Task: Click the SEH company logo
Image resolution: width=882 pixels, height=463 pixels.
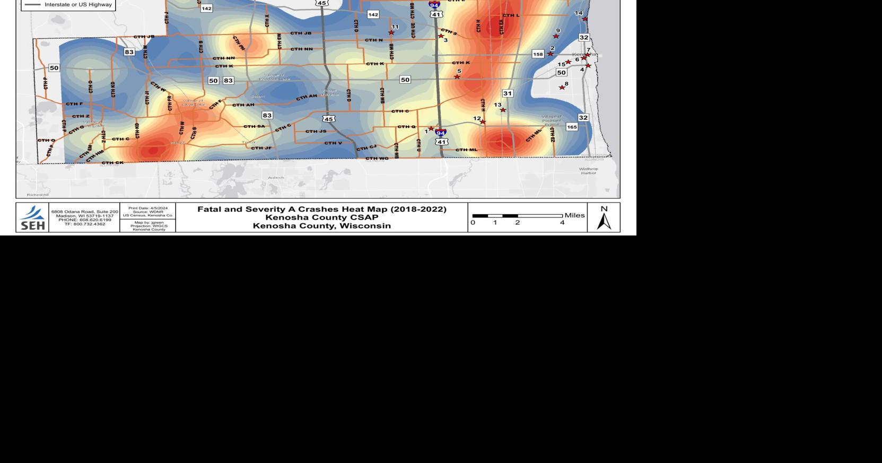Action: tap(32, 217)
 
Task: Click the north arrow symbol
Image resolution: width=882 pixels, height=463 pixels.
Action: tap(604, 218)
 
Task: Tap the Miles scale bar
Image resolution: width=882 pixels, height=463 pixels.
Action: tap(517, 216)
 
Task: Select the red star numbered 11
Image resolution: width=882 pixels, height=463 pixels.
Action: tap(391, 33)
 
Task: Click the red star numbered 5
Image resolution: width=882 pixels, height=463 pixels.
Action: tap(457, 77)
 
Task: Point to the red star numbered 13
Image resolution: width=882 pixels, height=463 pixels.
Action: tap(503, 110)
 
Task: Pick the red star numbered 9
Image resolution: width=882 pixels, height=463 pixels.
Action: tap(556, 36)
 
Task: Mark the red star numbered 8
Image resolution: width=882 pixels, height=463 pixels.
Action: tap(562, 88)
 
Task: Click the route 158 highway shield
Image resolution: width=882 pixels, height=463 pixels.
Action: tap(538, 54)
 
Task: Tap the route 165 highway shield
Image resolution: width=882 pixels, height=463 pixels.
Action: tap(572, 127)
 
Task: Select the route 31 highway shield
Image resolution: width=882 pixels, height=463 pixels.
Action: tap(508, 93)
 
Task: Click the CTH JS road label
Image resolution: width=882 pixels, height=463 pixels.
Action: tap(316, 132)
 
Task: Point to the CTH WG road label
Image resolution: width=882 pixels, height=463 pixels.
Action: tap(377, 158)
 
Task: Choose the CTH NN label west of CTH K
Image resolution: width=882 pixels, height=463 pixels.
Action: tap(223, 58)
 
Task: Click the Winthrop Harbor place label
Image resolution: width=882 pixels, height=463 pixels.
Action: tap(588, 171)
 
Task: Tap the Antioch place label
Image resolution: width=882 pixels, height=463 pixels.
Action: tap(276, 178)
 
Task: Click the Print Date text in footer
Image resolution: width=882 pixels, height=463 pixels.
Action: tap(148, 208)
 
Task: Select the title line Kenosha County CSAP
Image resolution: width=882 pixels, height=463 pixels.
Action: tap(322, 217)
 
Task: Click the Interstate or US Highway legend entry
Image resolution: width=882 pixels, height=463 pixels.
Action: tap(77, 5)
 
